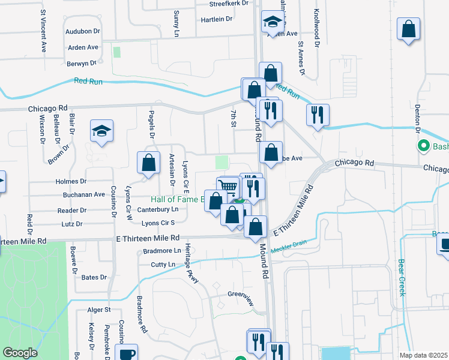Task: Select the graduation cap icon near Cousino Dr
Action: click(x=101, y=130)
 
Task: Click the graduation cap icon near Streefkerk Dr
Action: click(x=273, y=23)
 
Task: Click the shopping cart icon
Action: click(x=228, y=187)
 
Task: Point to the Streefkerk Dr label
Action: click(x=228, y=4)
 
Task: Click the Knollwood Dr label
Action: click(x=316, y=27)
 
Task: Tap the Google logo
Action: click(x=20, y=353)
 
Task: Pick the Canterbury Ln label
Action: click(x=158, y=209)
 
